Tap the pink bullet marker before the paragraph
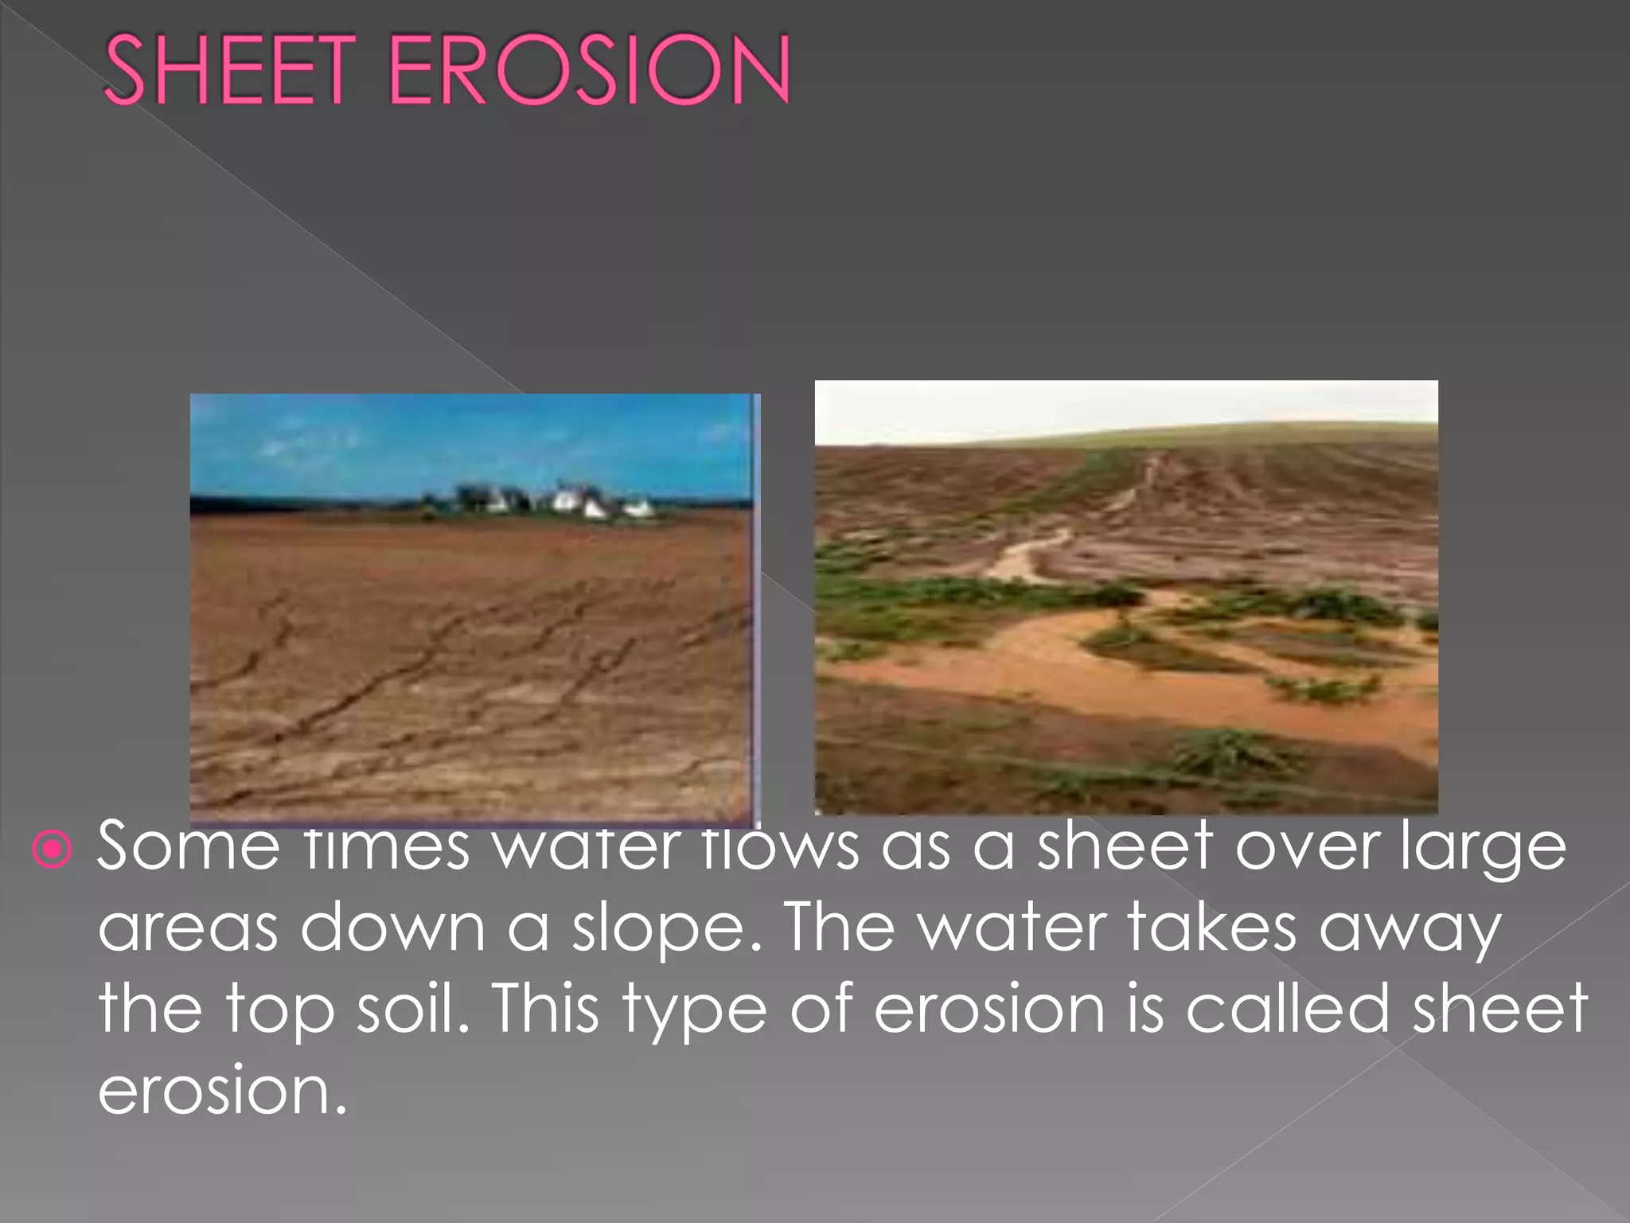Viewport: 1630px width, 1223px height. [x=53, y=850]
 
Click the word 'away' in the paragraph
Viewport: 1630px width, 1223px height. [x=1410, y=928]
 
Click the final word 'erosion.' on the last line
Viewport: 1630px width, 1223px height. [x=223, y=1091]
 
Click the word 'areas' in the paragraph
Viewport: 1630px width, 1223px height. [x=188, y=928]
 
